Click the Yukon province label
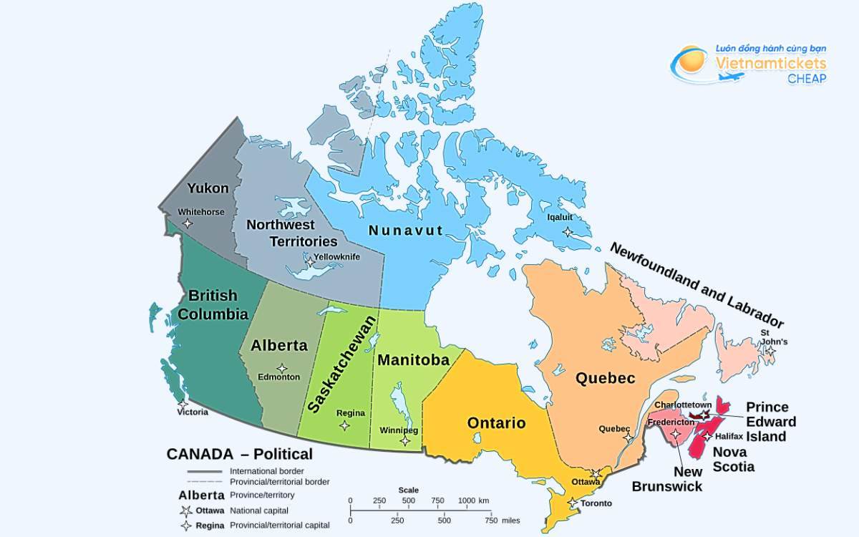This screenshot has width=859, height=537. tap(208, 188)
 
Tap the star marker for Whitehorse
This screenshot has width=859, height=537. tap(188, 223)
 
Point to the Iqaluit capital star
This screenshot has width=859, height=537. tap(567, 232)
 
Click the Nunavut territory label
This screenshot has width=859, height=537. tap(406, 231)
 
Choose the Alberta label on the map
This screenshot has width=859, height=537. tap(278, 345)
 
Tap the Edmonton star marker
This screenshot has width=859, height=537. tap(282, 368)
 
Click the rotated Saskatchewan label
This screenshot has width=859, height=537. tap(341, 364)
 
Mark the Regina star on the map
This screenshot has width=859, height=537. tap(344, 425)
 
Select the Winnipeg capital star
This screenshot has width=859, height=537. tap(405, 440)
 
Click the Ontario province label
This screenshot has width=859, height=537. tap(496, 422)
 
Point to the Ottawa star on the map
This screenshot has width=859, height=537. tap(596, 473)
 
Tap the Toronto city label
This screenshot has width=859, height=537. tap(596, 503)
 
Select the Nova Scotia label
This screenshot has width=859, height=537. tap(733, 459)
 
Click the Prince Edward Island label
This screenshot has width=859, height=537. tap(771, 422)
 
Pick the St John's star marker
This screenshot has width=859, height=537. tap(770, 350)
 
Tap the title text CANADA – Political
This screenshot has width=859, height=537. tap(239, 454)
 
